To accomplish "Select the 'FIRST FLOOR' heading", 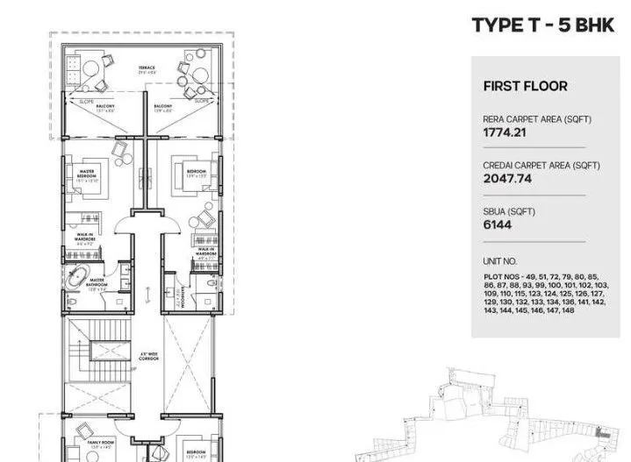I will click(525, 86).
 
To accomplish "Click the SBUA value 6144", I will click(497, 224).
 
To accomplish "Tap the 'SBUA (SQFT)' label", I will click(508, 211).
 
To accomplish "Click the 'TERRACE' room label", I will click(146, 67).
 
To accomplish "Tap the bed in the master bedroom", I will click(82, 174).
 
